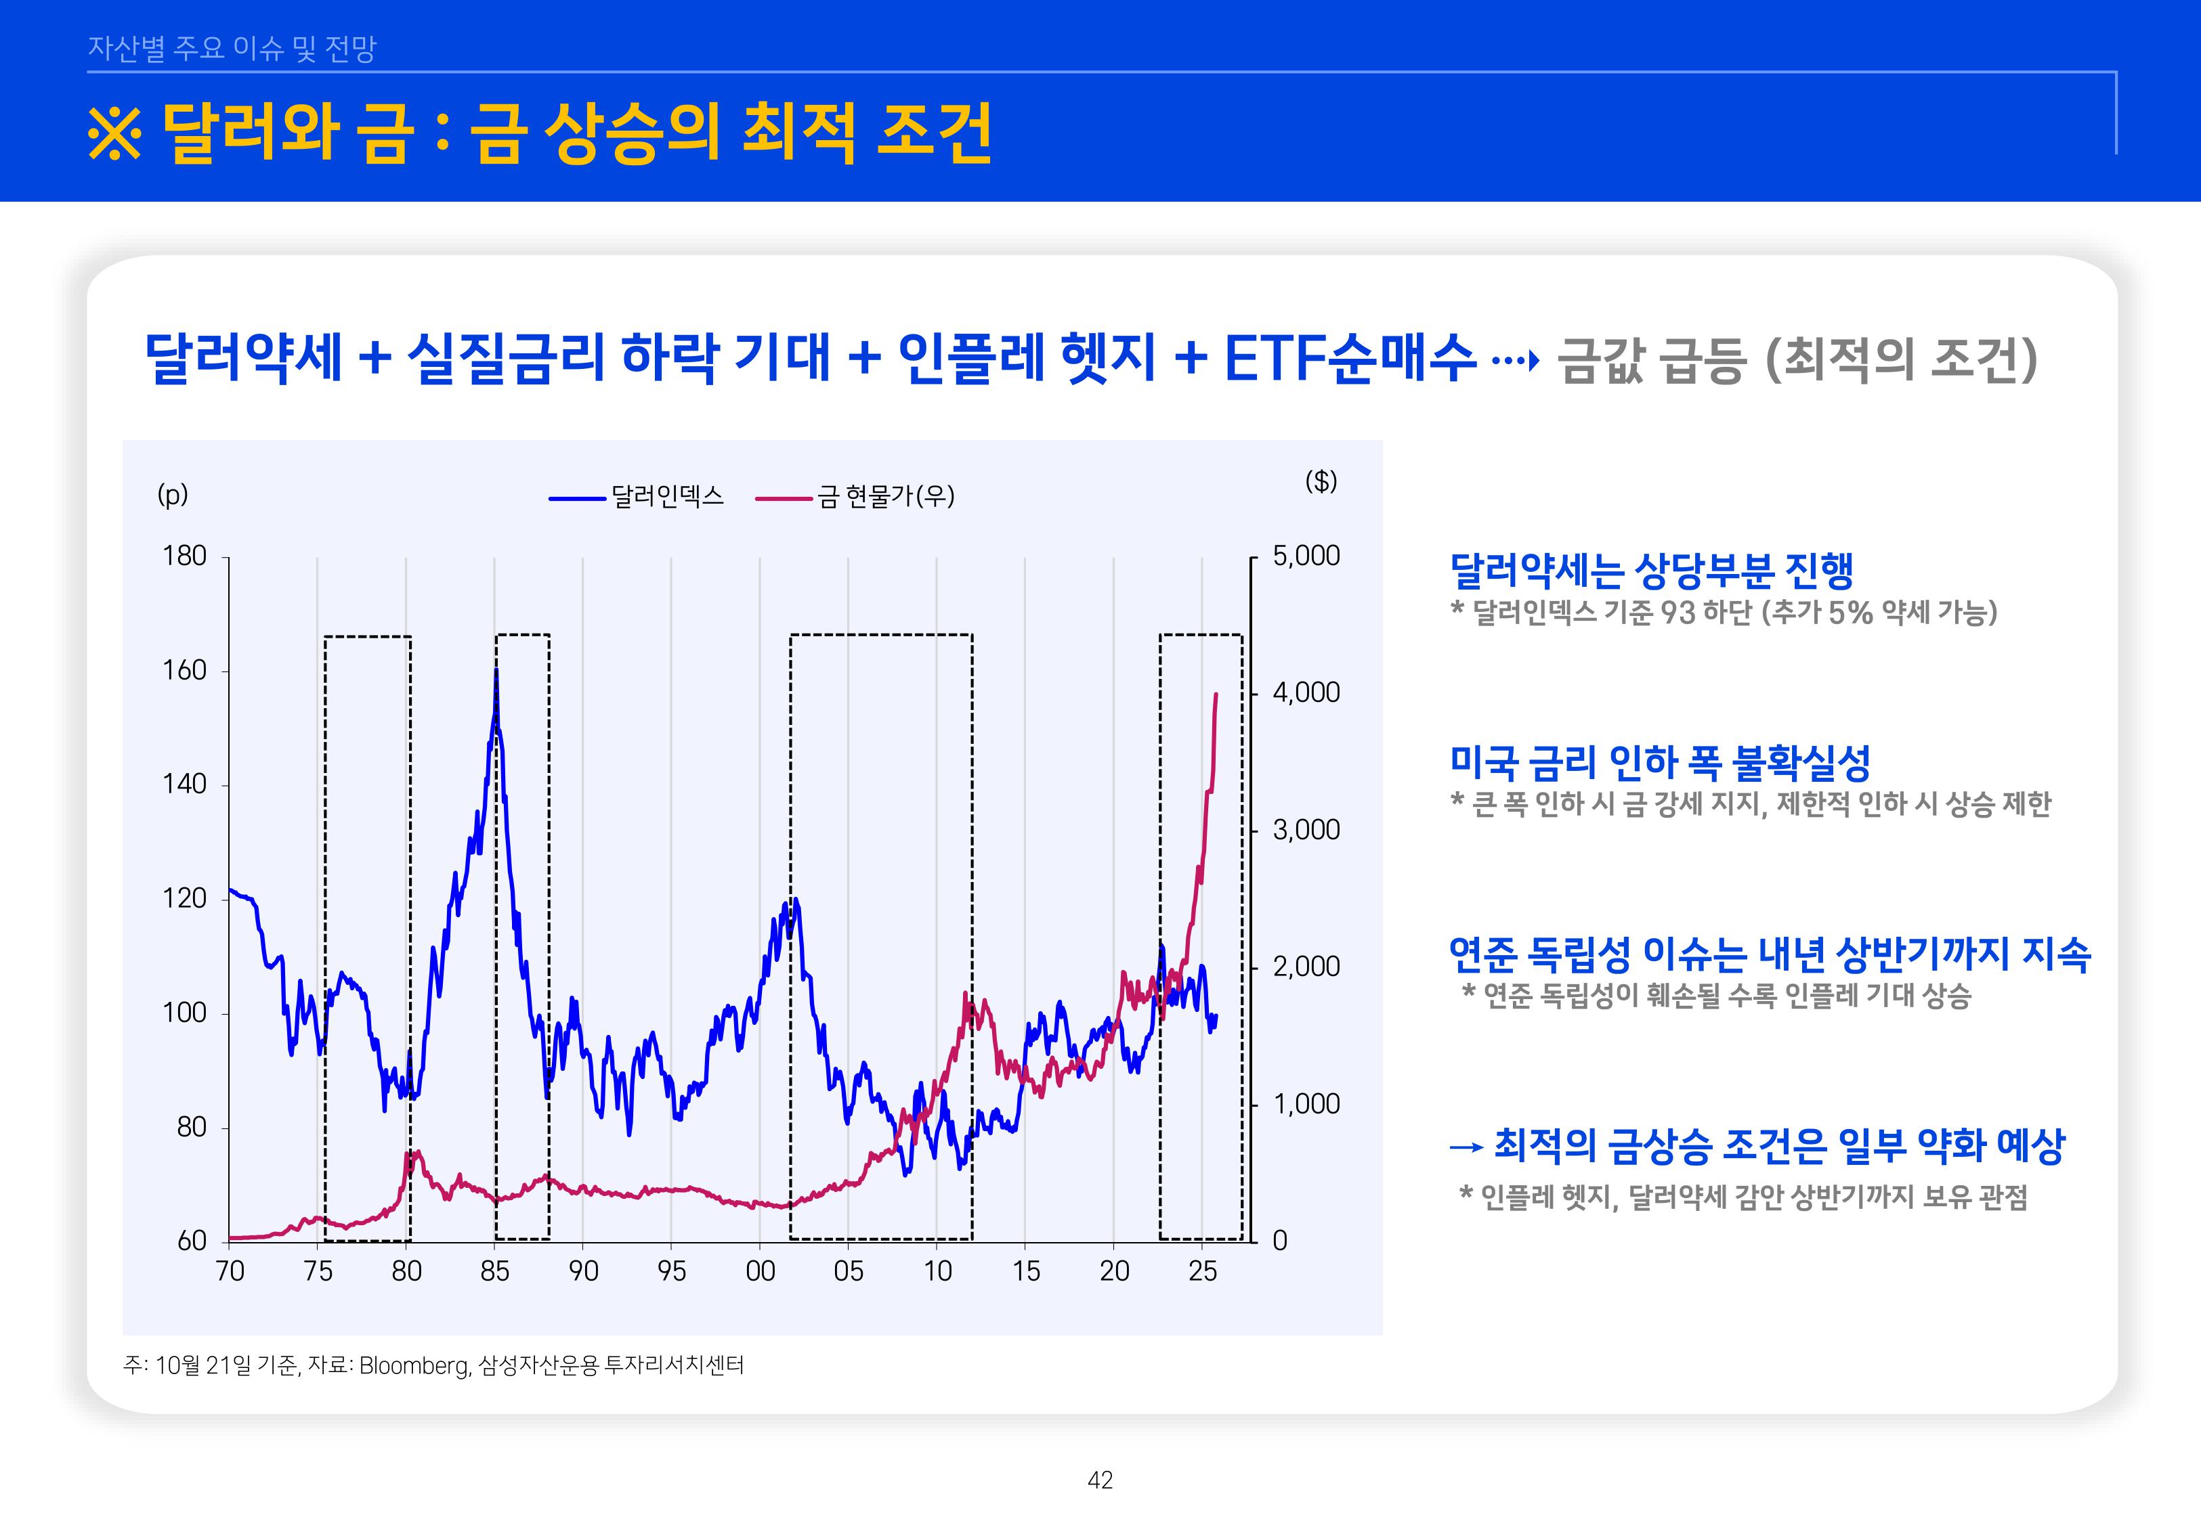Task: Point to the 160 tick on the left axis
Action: pyautogui.click(x=184, y=671)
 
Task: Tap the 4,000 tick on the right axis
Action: pyautogui.click(x=1306, y=692)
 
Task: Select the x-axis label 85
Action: pyautogui.click(x=494, y=1271)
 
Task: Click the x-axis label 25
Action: pyautogui.click(x=1201, y=1271)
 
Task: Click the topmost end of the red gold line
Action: pyautogui.click(x=1215, y=694)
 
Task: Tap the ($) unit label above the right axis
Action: pyautogui.click(x=1321, y=481)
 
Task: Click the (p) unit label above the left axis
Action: pyautogui.click(x=173, y=494)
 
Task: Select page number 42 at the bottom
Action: pyautogui.click(x=1100, y=1480)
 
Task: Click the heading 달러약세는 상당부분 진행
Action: pyautogui.click(x=1650, y=571)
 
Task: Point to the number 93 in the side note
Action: pyautogui.click(x=1678, y=613)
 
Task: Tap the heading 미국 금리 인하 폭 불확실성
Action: pyautogui.click(x=1659, y=761)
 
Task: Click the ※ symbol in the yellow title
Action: pyautogui.click(x=114, y=133)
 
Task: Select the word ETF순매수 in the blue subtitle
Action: pyautogui.click(x=1350, y=358)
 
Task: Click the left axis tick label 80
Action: pyautogui.click(x=191, y=1128)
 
